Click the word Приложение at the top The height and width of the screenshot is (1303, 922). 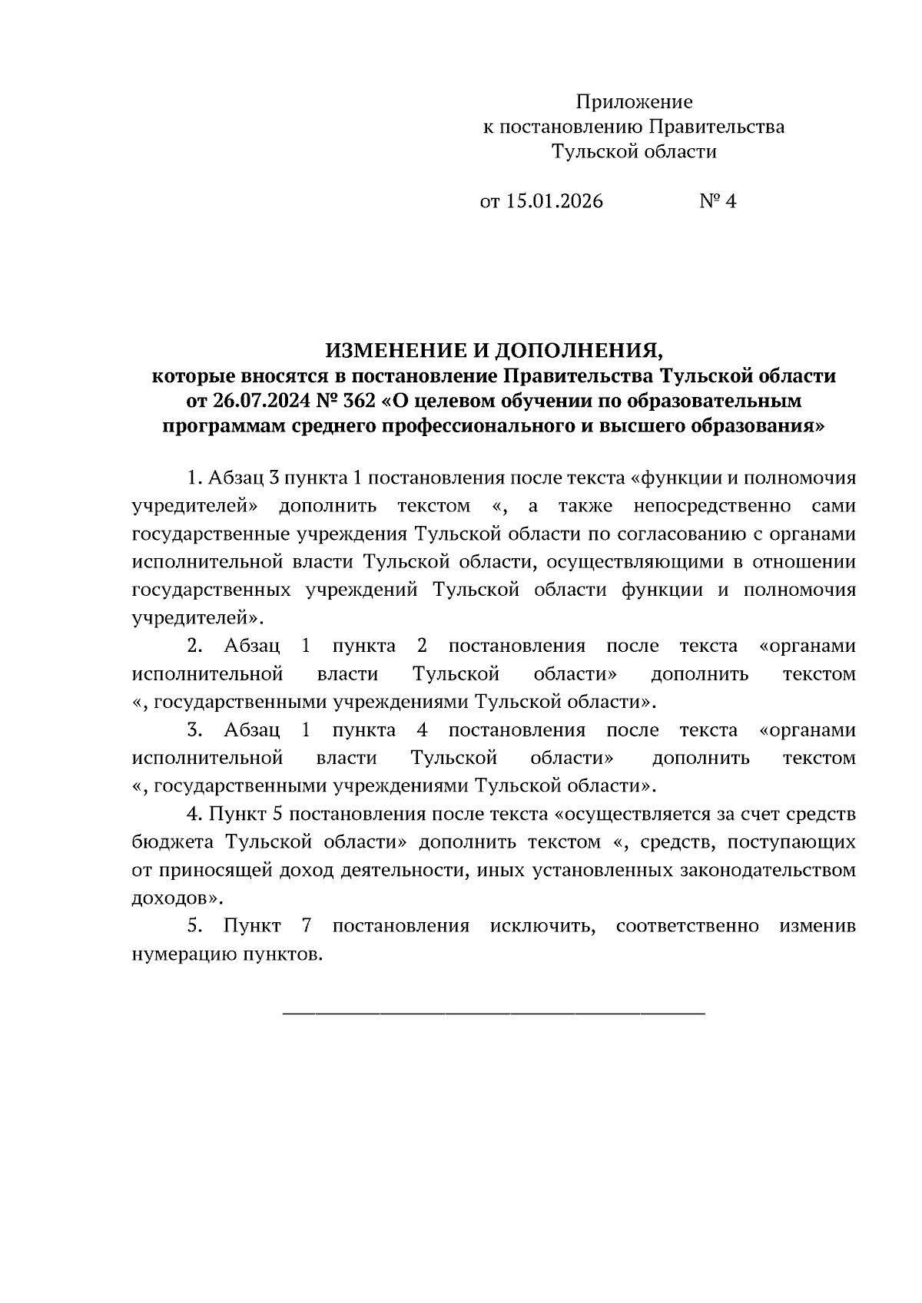(x=634, y=102)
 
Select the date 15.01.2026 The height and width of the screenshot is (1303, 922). (x=553, y=202)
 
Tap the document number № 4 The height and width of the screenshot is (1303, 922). (x=718, y=202)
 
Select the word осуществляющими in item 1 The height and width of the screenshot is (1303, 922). (x=632, y=563)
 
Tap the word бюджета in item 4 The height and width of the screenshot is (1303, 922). (x=174, y=842)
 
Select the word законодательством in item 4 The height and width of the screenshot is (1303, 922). (x=768, y=870)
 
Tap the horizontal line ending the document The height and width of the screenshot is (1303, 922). (x=494, y=1014)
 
